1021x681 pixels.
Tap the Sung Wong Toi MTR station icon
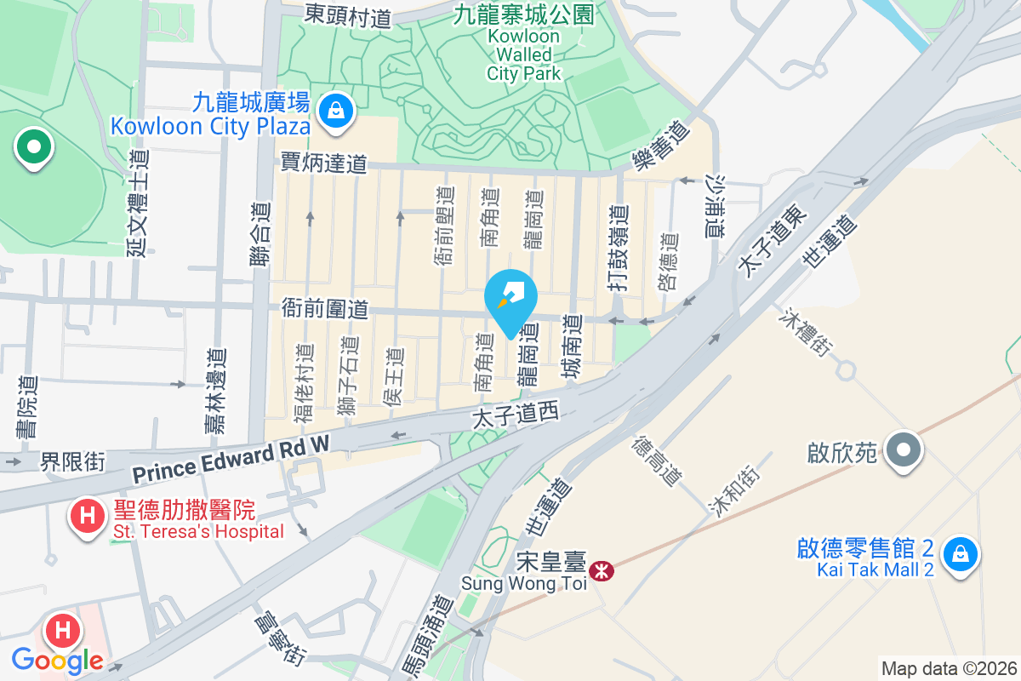(602, 570)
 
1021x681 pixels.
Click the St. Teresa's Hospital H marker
(87, 515)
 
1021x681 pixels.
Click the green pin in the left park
(34, 148)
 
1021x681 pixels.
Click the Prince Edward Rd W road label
(231, 457)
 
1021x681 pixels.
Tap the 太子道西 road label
(516, 415)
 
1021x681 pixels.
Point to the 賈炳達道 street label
(324, 163)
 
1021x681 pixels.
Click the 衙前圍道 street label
(325, 309)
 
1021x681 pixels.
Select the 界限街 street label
(73, 461)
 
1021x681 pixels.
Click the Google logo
(57, 660)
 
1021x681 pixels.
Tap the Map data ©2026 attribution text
(949, 668)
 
